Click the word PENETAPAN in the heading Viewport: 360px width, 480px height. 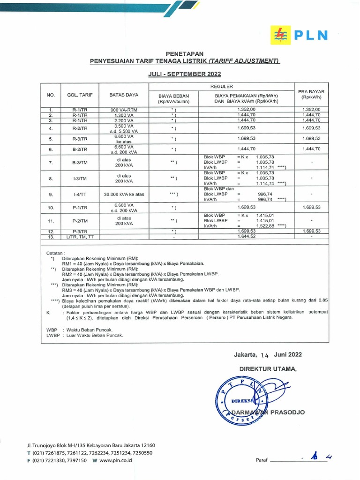tap(184, 54)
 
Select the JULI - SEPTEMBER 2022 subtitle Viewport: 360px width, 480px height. tap(184, 74)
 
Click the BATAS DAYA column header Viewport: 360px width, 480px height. tap(124, 95)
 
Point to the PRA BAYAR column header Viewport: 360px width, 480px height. tap(311, 94)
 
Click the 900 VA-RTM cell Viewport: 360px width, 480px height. tap(124, 109)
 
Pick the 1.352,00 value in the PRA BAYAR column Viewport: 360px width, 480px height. tap(311, 109)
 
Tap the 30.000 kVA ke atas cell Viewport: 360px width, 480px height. tap(124, 194)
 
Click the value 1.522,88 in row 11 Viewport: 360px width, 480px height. tap(263, 225)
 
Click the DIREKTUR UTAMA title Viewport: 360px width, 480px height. tap(268, 369)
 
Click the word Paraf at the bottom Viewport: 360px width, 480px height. tap(261, 461)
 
